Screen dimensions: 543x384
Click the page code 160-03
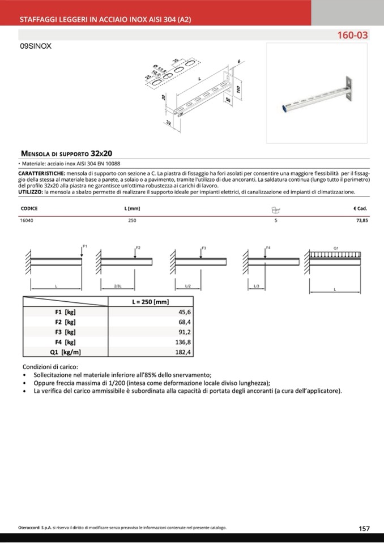[352, 35]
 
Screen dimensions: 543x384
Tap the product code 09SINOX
[36, 47]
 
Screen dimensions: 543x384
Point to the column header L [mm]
[132, 208]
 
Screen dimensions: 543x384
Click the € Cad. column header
[360, 208]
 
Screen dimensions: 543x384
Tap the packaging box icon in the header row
[276, 209]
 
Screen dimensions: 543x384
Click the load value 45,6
[185, 312]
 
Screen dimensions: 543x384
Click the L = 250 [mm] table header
[150, 302]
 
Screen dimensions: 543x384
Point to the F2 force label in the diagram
[138, 248]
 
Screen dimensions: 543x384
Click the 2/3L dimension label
[118, 287]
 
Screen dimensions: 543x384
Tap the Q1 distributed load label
[336, 248]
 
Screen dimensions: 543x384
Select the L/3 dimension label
[255, 287]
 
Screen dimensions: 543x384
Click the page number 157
[364, 528]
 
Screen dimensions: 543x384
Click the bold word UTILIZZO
[31, 192]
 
